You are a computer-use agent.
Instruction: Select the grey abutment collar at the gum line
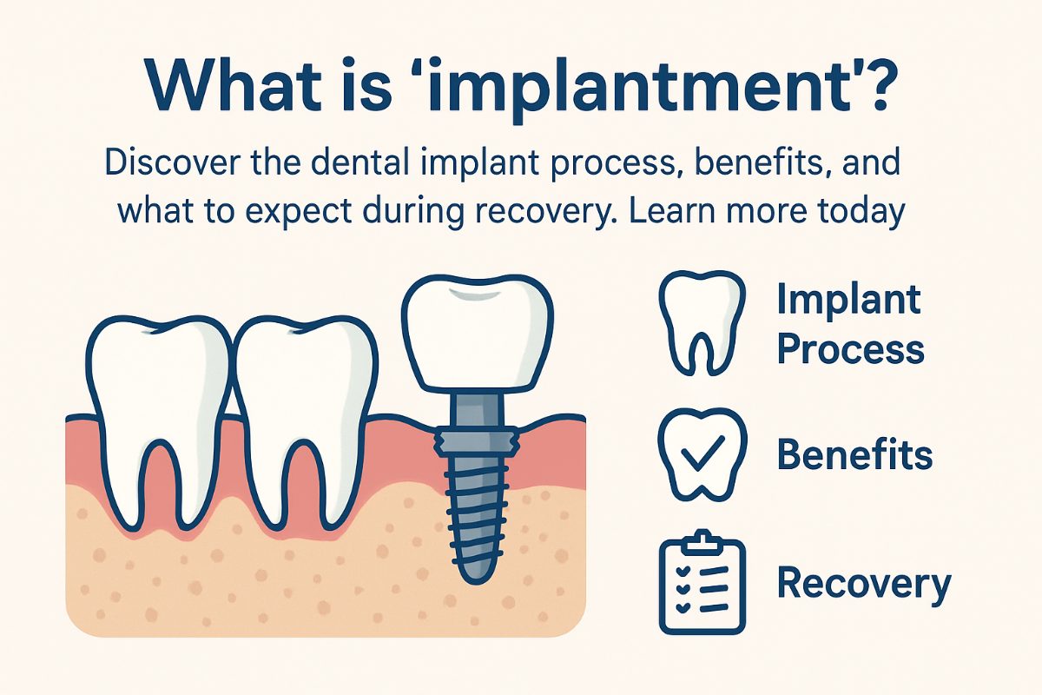point(476,440)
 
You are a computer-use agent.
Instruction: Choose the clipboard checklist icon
point(702,582)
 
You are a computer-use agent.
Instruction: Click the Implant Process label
point(849,324)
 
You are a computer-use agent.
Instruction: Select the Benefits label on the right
point(854,453)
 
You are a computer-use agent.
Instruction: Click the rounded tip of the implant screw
point(476,573)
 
